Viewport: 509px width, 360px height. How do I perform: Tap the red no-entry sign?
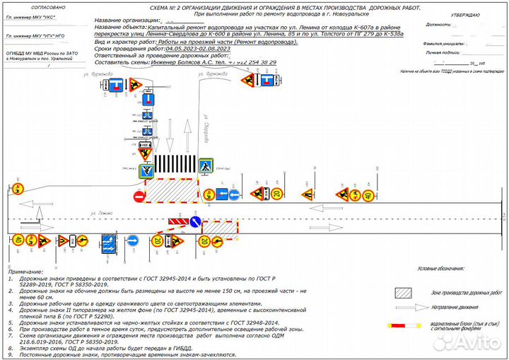pos(139,195)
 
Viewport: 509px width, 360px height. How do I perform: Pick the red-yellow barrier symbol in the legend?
pos(406,327)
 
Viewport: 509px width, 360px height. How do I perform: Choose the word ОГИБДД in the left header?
pos(16,52)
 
